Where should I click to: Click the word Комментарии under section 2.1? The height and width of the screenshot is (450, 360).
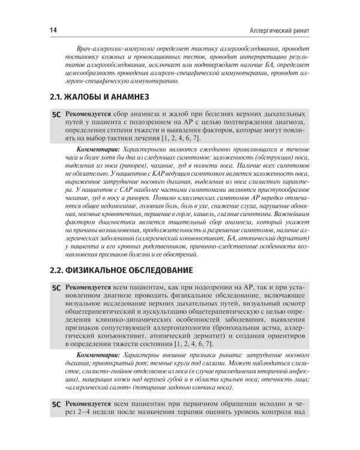click(98, 146)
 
